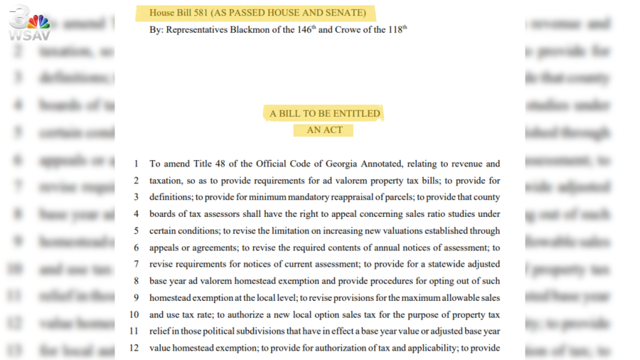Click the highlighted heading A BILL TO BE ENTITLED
[x=325, y=113]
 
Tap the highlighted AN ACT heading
[x=324, y=130]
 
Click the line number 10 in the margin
[x=133, y=314]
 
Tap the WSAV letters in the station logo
[x=29, y=35]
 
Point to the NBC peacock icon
[x=38, y=21]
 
